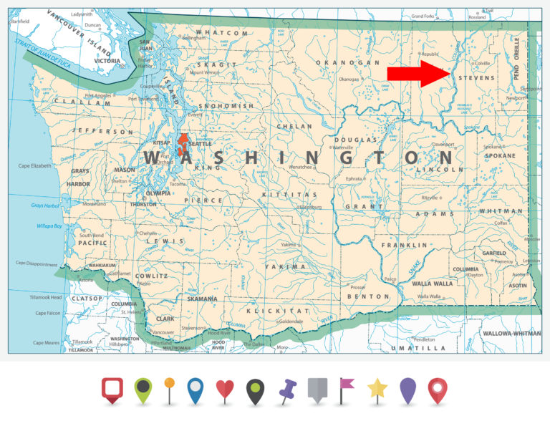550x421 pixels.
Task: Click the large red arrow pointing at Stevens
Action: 418,73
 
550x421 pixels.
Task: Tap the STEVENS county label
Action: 476,76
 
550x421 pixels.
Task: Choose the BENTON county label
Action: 368,296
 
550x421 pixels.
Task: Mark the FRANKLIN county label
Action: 399,244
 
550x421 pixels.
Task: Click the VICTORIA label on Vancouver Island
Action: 107,61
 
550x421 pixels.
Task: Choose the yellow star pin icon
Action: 377,389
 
